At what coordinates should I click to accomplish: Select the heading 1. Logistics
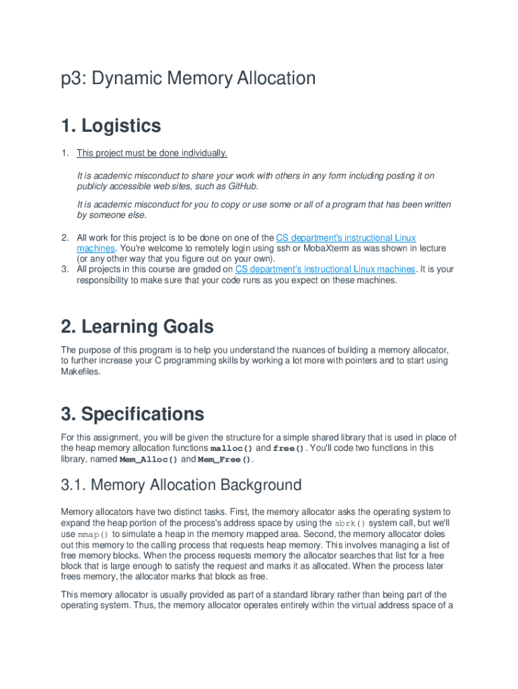pyautogui.click(x=110, y=126)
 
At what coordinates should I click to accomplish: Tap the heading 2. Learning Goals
pyautogui.click(x=137, y=327)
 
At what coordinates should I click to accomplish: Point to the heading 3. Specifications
pyautogui.click(x=132, y=413)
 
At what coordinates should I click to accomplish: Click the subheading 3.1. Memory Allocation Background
pyautogui.click(x=181, y=484)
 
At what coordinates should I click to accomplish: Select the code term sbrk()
pyautogui.click(x=350, y=523)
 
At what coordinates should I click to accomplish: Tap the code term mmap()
pyautogui.click(x=92, y=534)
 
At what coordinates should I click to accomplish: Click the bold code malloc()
pyautogui.click(x=232, y=449)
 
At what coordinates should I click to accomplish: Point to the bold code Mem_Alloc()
pyautogui.click(x=149, y=460)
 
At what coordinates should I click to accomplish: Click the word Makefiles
pyautogui.click(x=81, y=371)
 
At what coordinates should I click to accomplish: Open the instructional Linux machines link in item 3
pyautogui.click(x=325, y=269)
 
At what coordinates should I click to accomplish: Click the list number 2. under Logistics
pyautogui.click(x=65, y=238)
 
